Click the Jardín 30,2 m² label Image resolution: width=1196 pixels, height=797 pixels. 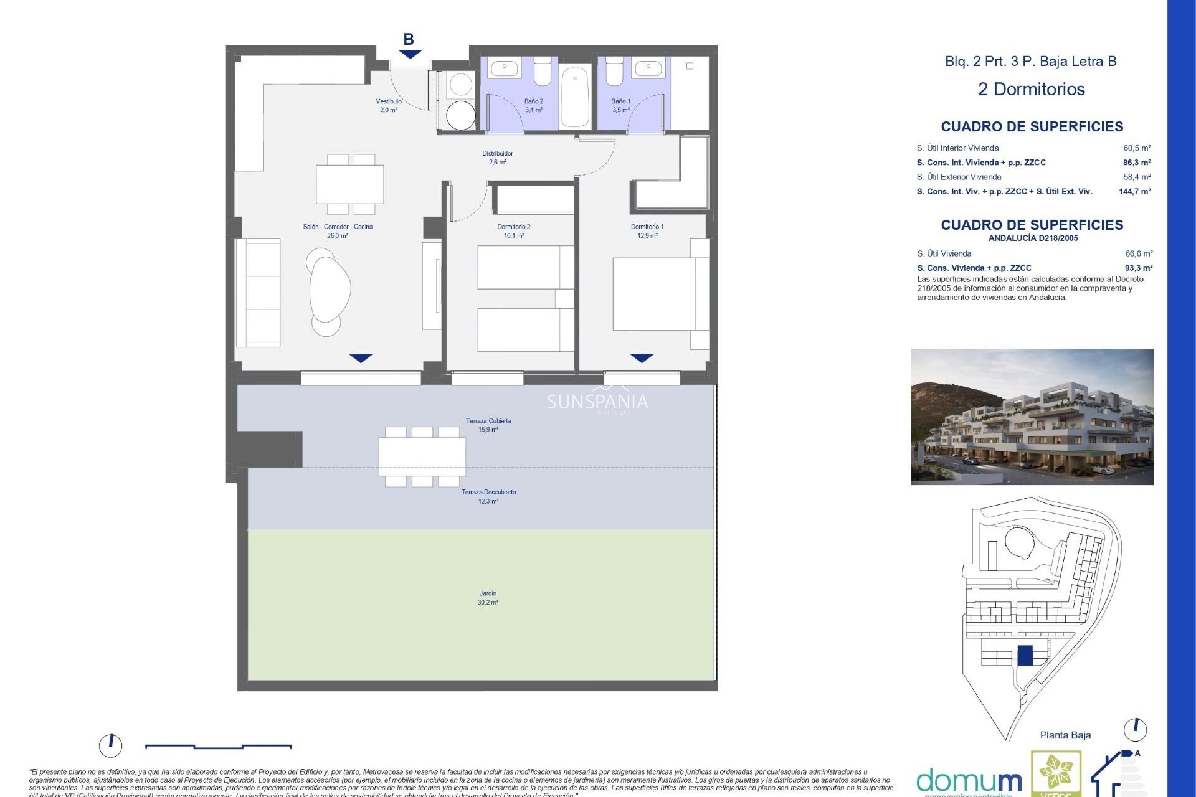coord(488,598)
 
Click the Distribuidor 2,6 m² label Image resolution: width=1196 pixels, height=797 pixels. coord(497,158)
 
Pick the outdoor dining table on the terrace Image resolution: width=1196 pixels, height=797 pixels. coord(422,456)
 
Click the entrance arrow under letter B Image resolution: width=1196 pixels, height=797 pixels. coord(410,54)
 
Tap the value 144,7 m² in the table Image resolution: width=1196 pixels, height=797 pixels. coord(1134,192)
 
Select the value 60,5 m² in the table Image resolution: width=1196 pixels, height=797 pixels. coord(1137,148)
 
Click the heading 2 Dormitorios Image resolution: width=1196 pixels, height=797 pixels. coord(1031,89)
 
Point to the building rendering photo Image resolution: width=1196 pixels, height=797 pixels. coord(1032,417)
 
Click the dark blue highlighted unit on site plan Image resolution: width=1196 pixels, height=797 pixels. coord(1025,655)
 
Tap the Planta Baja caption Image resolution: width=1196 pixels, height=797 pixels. coord(1065,735)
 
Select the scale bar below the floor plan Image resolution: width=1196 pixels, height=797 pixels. coord(218,746)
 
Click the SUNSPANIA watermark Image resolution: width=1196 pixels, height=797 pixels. coord(597,402)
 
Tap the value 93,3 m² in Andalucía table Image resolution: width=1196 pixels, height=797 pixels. coord(1138,268)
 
